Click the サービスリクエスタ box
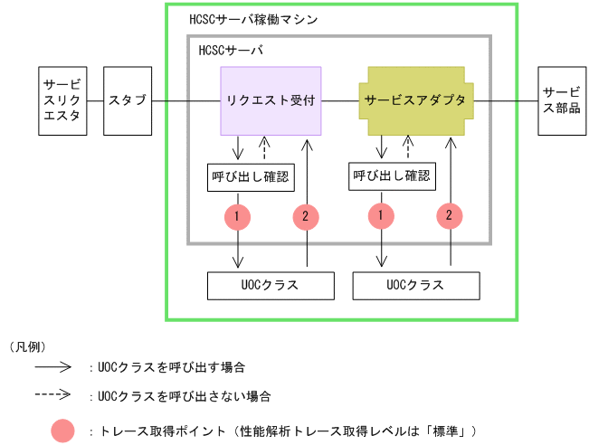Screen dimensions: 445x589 62,100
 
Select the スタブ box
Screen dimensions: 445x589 127,100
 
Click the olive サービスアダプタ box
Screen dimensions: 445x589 421,100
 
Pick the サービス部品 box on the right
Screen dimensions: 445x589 562,100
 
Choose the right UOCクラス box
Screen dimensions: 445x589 414,285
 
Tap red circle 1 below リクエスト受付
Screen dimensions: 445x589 238,216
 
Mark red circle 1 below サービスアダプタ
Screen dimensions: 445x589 379,216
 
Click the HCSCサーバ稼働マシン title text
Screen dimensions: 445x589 252,18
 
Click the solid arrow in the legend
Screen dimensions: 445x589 54,368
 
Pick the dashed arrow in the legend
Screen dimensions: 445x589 54,395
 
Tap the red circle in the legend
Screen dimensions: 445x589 63,429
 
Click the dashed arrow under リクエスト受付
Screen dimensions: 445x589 263,147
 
